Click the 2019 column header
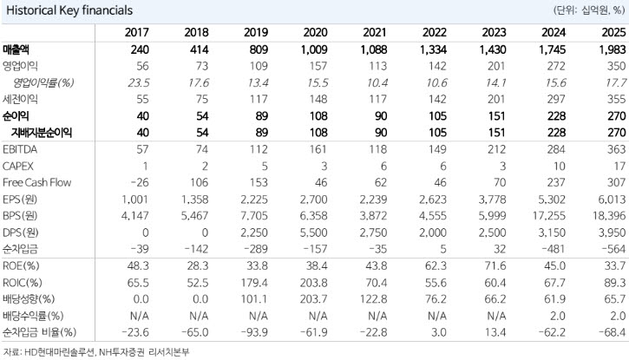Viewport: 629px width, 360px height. pos(256,32)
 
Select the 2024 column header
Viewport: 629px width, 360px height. pos(554,32)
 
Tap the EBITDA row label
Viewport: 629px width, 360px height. pos(20,149)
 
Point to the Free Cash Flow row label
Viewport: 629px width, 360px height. pos(36,182)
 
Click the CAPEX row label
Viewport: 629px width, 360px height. pos(18,166)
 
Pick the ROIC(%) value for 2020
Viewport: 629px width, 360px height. pos(313,283)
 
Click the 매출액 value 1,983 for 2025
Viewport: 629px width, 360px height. pos(613,49)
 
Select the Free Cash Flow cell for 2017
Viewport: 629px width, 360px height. pos(140,182)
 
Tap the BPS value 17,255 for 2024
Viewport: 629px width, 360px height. pos(549,216)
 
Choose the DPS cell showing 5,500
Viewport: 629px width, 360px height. pos(315,232)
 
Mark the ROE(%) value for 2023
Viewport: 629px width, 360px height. pos(495,265)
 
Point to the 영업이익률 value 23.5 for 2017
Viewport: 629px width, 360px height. pos(139,83)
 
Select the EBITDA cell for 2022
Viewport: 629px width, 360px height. pos(437,149)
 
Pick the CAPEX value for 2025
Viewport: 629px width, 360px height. pos(619,166)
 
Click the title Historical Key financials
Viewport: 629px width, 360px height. pos(69,10)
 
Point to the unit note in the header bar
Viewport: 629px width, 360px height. pos(589,10)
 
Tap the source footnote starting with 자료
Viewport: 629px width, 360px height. pos(96,352)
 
